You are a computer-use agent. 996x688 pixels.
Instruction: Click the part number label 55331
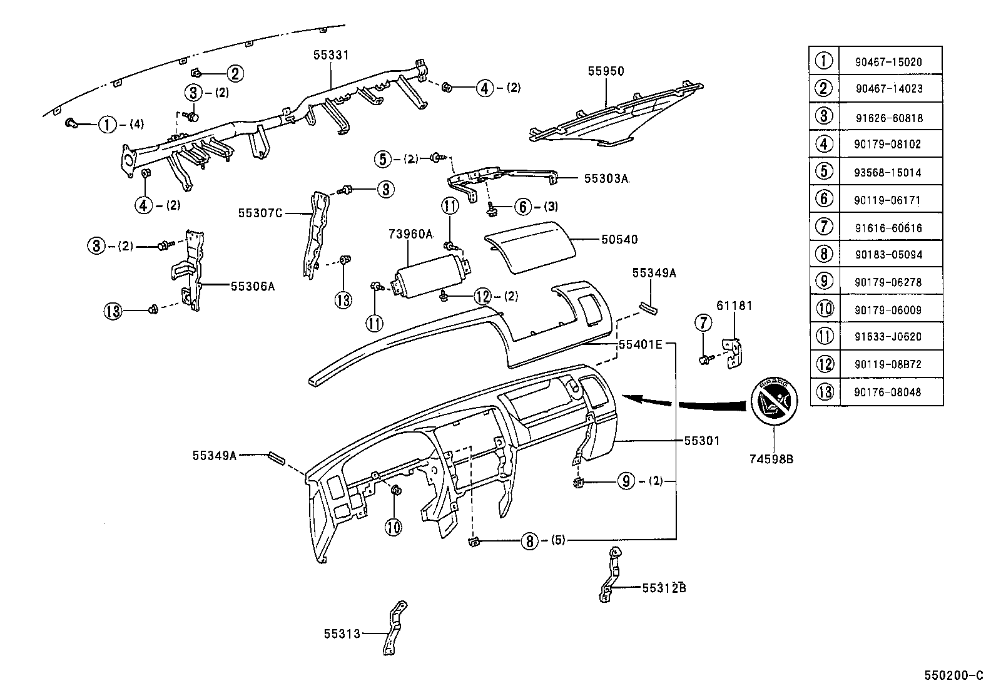[331, 55]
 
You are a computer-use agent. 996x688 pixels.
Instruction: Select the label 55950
[606, 71]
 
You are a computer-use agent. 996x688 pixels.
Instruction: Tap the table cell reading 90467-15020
[888, 62]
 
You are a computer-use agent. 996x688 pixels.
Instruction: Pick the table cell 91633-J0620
[888, 337]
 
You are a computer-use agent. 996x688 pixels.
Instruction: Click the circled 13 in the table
[825, 392]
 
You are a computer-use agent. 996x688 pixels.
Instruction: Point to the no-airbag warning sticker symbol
[774, 401]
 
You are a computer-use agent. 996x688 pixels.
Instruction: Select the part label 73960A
[410, 234]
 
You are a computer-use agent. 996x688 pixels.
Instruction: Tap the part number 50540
[619, 239]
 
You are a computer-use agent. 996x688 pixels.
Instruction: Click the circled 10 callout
[393, 527]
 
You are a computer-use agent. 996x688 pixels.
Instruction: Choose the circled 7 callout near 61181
[704, 323]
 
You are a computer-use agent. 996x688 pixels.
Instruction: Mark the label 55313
[342, 634]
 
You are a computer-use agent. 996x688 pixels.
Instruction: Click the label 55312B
[664, 588]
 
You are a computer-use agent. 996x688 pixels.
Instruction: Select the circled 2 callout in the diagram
[235, 74]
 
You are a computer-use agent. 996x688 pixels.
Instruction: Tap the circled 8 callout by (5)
[529, 540]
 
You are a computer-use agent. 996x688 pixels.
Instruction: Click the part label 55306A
[253, 286]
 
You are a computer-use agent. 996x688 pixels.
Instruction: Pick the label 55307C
[260, 213]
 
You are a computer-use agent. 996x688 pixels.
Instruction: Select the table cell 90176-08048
[888, 392]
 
